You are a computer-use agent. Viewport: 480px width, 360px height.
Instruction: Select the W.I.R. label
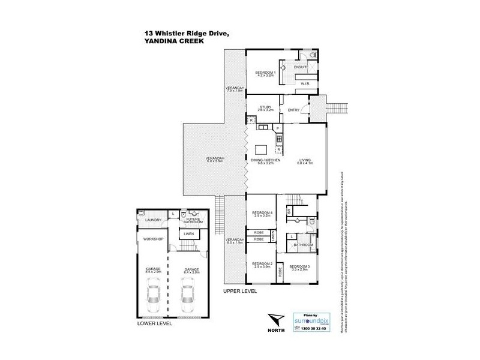[x=304, y=84]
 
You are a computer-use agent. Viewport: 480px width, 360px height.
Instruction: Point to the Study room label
[x=265, y=108]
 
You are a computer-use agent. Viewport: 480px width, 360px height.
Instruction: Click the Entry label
[x=293, y=110]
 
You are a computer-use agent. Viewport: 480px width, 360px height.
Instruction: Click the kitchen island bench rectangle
[x=262, y=149]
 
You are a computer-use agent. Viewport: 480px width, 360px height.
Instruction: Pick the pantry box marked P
[x=278, y=128]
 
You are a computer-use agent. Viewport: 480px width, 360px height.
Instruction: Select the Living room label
[x=306, y=161]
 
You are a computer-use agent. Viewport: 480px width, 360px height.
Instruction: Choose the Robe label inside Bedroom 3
[x=280, y=271]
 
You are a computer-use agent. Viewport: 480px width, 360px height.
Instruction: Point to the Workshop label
[x=149, y=239]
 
